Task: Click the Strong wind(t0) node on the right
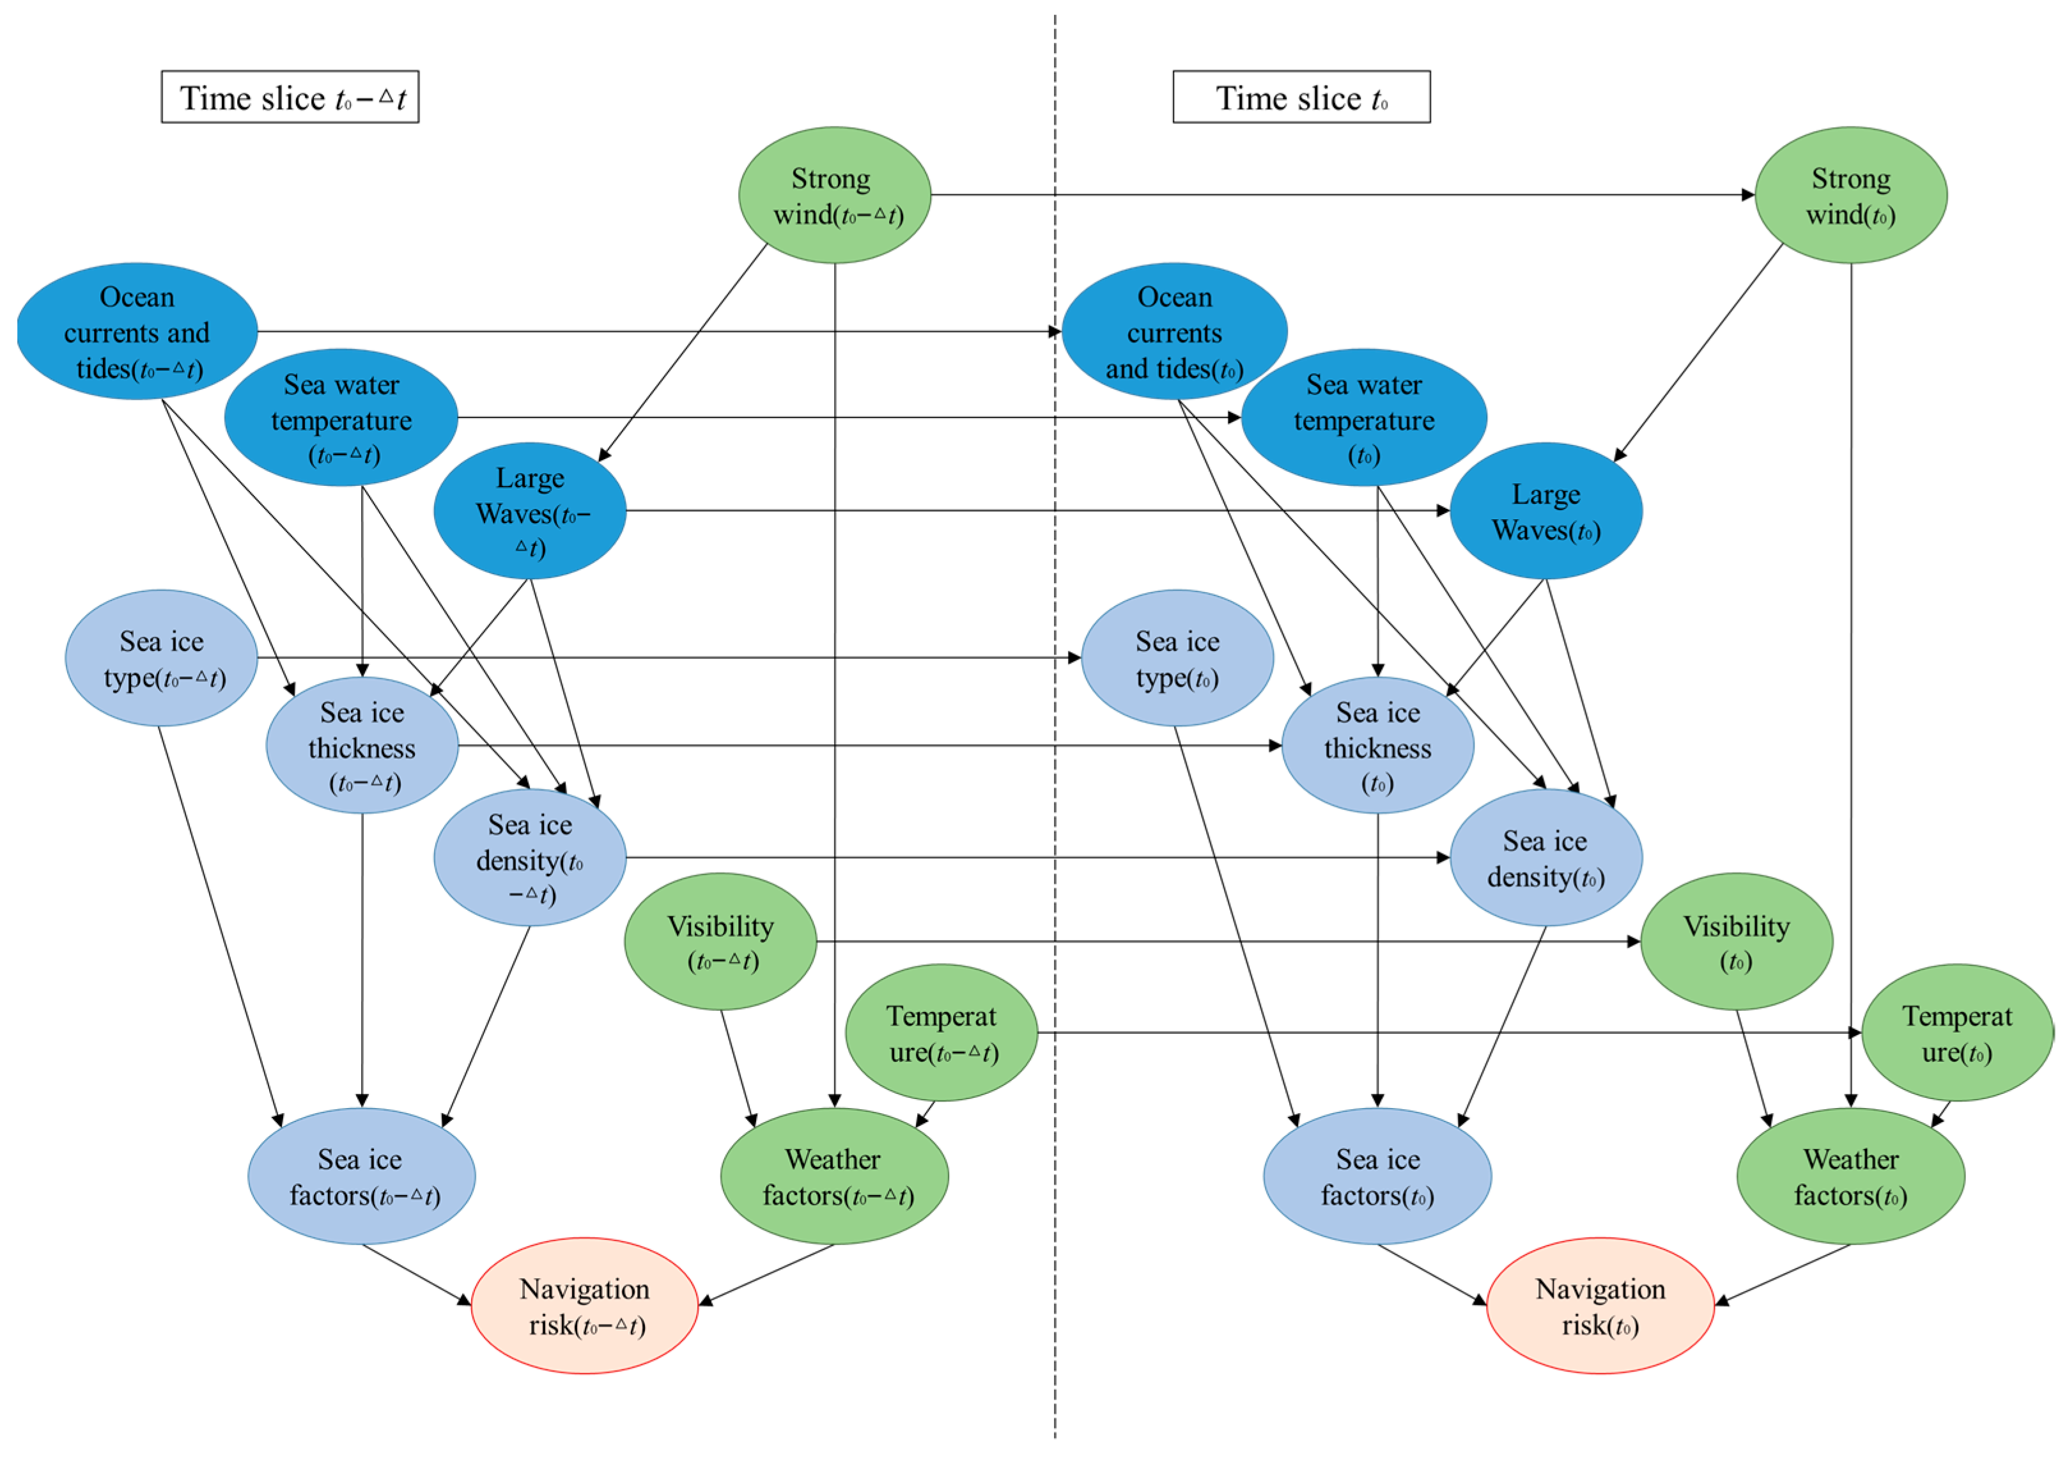click(1851, 196)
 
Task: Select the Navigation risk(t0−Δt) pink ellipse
click(584, 1306)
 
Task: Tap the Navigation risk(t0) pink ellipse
click(1600, 1306)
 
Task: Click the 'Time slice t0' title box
click(1301, 97)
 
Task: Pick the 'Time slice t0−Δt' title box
click(290, 97)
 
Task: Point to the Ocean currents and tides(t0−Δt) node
click(137, 331)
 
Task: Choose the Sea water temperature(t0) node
click(1364, 418)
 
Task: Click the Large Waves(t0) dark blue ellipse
click(1545, 511)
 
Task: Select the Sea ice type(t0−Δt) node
click(161, 659)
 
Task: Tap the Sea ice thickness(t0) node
click(1377, 745)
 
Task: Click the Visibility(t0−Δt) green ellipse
click(720, 942)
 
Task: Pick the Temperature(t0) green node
click(1956, 1033)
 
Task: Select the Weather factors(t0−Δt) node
click(835, 1176)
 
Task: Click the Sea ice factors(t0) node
click(1377, 1176)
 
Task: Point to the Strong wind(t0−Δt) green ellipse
click(835, 196)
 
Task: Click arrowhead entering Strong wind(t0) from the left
click(1747, 194)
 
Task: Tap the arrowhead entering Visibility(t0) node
click(1633, 942)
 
